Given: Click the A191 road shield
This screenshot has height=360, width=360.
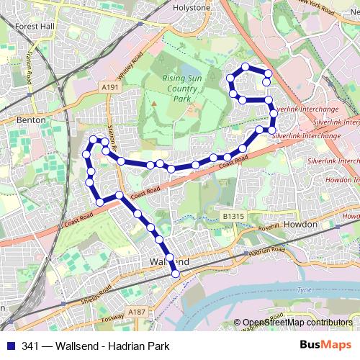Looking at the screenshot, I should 109,86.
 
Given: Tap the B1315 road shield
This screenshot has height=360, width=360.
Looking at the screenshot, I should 233,216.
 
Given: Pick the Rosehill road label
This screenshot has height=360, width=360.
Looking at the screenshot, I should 264,225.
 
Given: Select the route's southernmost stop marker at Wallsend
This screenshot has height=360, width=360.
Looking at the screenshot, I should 175,273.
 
